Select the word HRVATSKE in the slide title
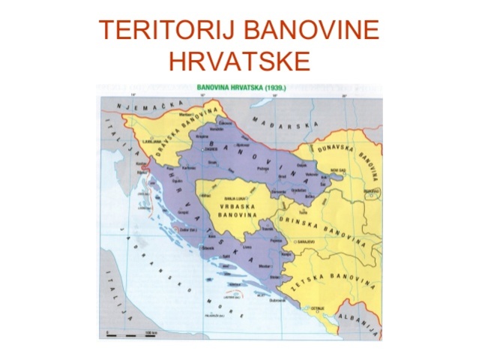239,60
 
